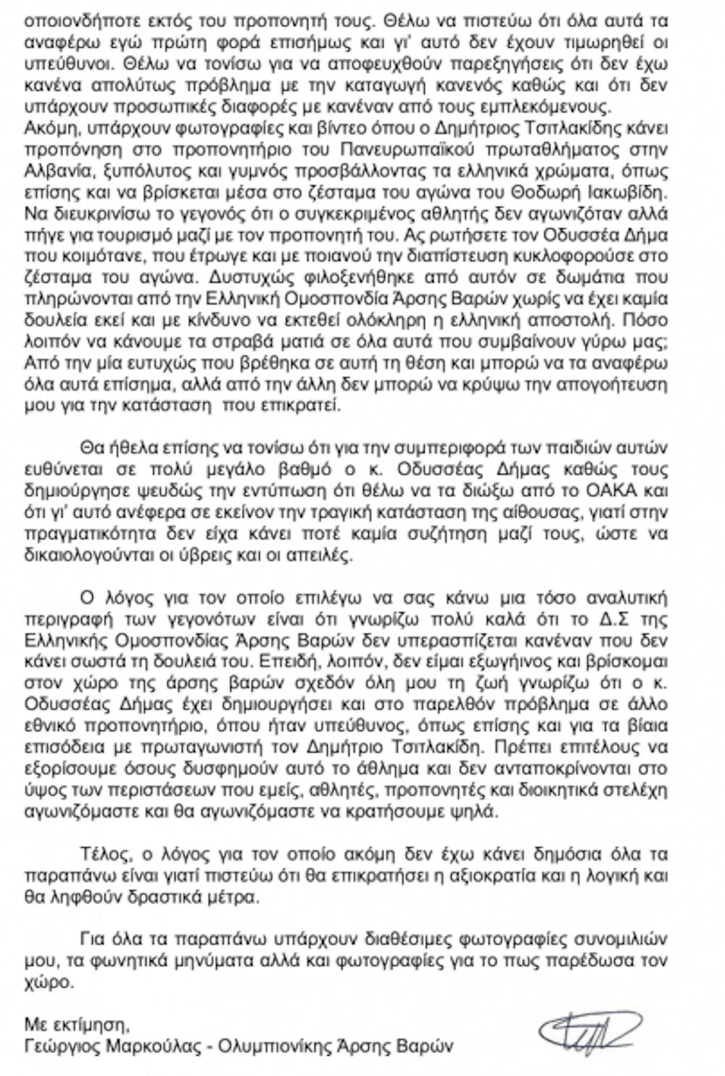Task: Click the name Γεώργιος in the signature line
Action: click(x=59, y=1046)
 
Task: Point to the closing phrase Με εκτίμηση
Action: click(x=77, y=1025)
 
